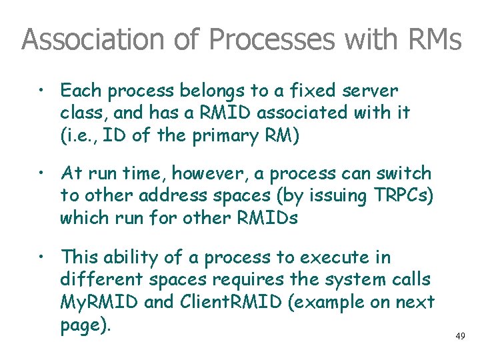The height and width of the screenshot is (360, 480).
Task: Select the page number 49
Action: pyautogui.click(x=461, y=337)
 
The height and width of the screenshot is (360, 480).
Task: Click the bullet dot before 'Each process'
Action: pyautogui.click(x=42, y=89)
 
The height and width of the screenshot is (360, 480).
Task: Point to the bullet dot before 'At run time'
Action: pyautogui.click(x=42, y=173)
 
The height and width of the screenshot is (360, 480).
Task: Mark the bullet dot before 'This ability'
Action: pyautogui.click(x=42, y=257)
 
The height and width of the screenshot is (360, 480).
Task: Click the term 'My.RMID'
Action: pyautogui.click(x=100, y=303)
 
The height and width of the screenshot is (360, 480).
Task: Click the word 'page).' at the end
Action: pyautogui.click(x=83, y=325)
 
